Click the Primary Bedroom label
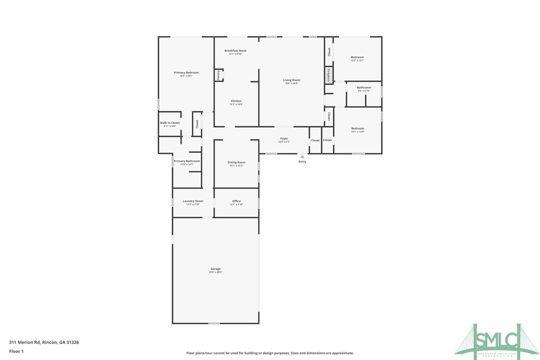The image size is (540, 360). point(186,73)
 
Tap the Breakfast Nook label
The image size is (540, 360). point(235,51)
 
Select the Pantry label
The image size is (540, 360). point(218,75)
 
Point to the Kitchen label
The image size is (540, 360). point(236,101)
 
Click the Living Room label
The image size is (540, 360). point(292,80)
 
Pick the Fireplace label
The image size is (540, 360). point(328,75)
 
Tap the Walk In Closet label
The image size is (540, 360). point(170,123)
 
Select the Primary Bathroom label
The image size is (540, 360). point(187,161)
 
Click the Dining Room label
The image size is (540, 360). point(236,163)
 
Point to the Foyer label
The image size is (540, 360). point(284,139)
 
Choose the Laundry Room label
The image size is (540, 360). point(193,201)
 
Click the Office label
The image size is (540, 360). point(236,201)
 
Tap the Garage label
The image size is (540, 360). point(215,269)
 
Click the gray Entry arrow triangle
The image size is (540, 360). point(302,156)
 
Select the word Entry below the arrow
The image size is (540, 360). point(302,162)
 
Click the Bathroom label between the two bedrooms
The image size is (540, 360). point(364,88)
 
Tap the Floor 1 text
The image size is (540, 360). point(16,351)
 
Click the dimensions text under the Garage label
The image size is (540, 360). point(215,272)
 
